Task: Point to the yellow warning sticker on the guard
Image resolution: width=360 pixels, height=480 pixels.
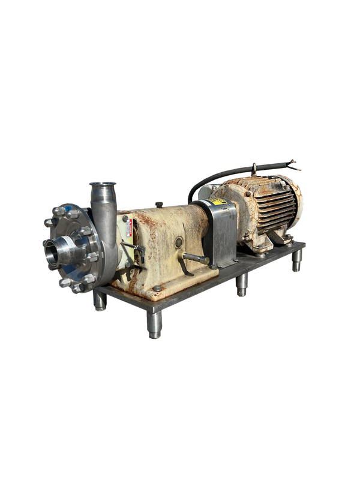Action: point(220,202)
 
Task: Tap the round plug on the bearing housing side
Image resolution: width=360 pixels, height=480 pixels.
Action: point(179,241)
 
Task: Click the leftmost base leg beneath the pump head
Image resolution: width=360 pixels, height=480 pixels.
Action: point(100,302)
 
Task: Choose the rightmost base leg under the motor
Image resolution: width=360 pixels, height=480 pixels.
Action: point(296,262)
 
